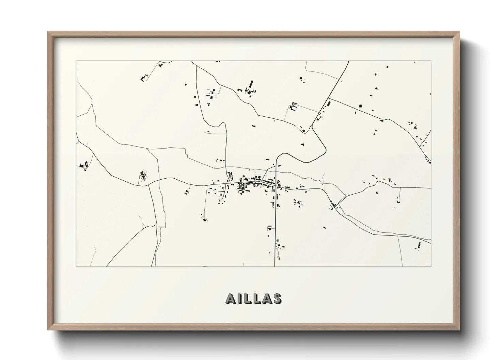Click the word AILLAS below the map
[253, 298]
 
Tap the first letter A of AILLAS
[230, 298]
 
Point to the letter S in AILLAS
[277, 298]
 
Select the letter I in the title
[240, 298]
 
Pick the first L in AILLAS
[248, 298]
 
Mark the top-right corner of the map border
[431, 61]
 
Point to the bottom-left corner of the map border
[76, 266]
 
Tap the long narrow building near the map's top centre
[252, 84]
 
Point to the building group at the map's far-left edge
[83, 166]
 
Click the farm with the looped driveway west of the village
[143, 176]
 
